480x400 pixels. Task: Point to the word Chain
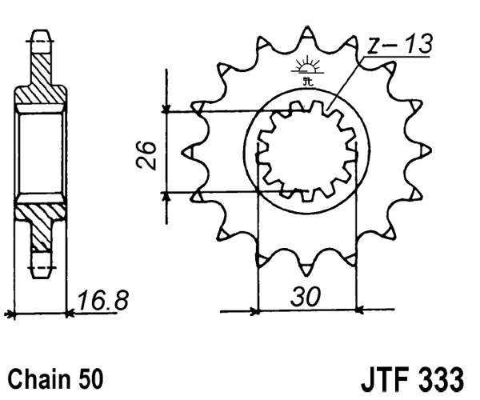[32, 377]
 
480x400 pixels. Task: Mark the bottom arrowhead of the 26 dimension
[166, 194]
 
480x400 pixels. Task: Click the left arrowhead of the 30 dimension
[254, 310]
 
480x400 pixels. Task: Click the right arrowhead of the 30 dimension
[358, 310]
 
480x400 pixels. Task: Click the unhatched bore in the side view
[39, 152]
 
